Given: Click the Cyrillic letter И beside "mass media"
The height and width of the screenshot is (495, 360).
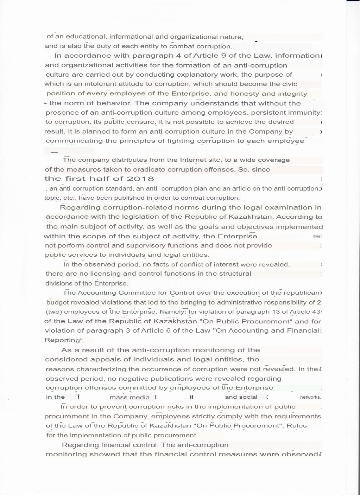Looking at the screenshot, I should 191,397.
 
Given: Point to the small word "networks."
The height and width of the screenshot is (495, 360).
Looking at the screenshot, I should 310,397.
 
